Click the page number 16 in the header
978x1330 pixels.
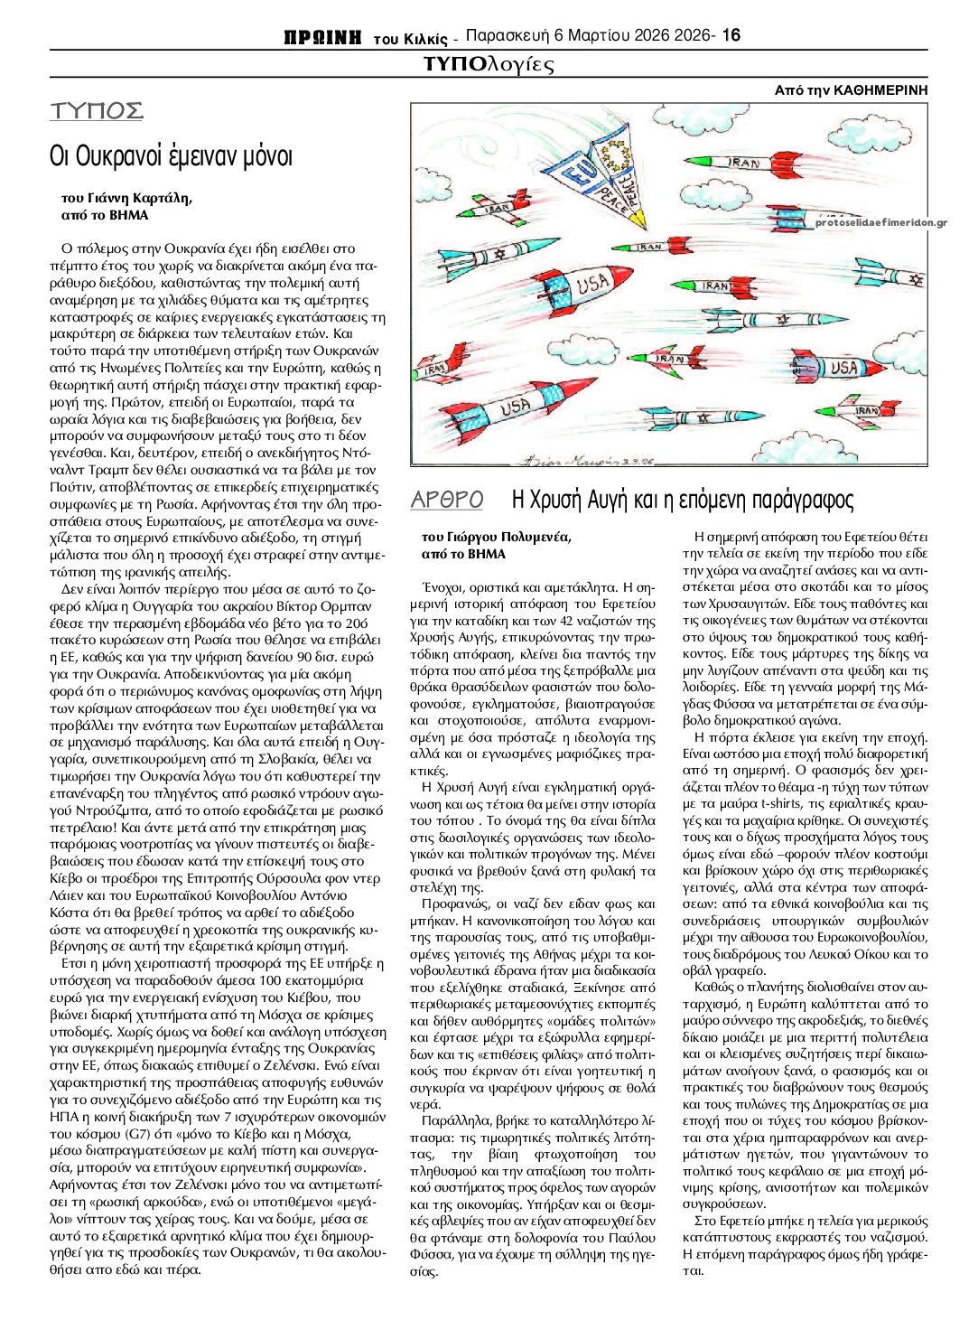click(x=731, y=35)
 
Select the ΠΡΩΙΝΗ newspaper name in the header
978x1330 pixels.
click(x=322, y=37)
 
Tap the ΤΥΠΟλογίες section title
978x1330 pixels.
click(x=488, y=64)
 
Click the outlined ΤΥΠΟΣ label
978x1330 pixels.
click(x=97, y=111)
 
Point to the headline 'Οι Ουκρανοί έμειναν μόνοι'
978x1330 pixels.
click(x=172, y=156)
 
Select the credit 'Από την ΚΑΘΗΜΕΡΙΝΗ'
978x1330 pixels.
click(x=851, y=90)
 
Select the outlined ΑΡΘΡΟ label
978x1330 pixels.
click(x=447, y=500)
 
